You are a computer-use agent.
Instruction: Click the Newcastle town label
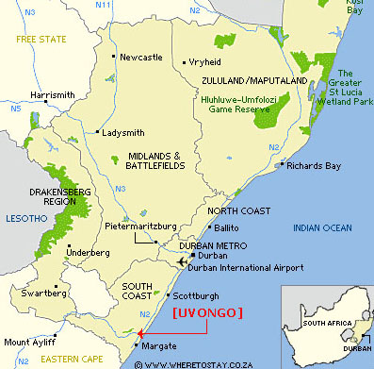[x=141, y=58]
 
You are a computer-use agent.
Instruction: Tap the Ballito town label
[x=225, y=228]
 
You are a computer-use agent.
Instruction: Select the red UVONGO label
[x=208, y=311]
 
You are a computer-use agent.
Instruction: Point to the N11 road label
[x=104, y=6]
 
